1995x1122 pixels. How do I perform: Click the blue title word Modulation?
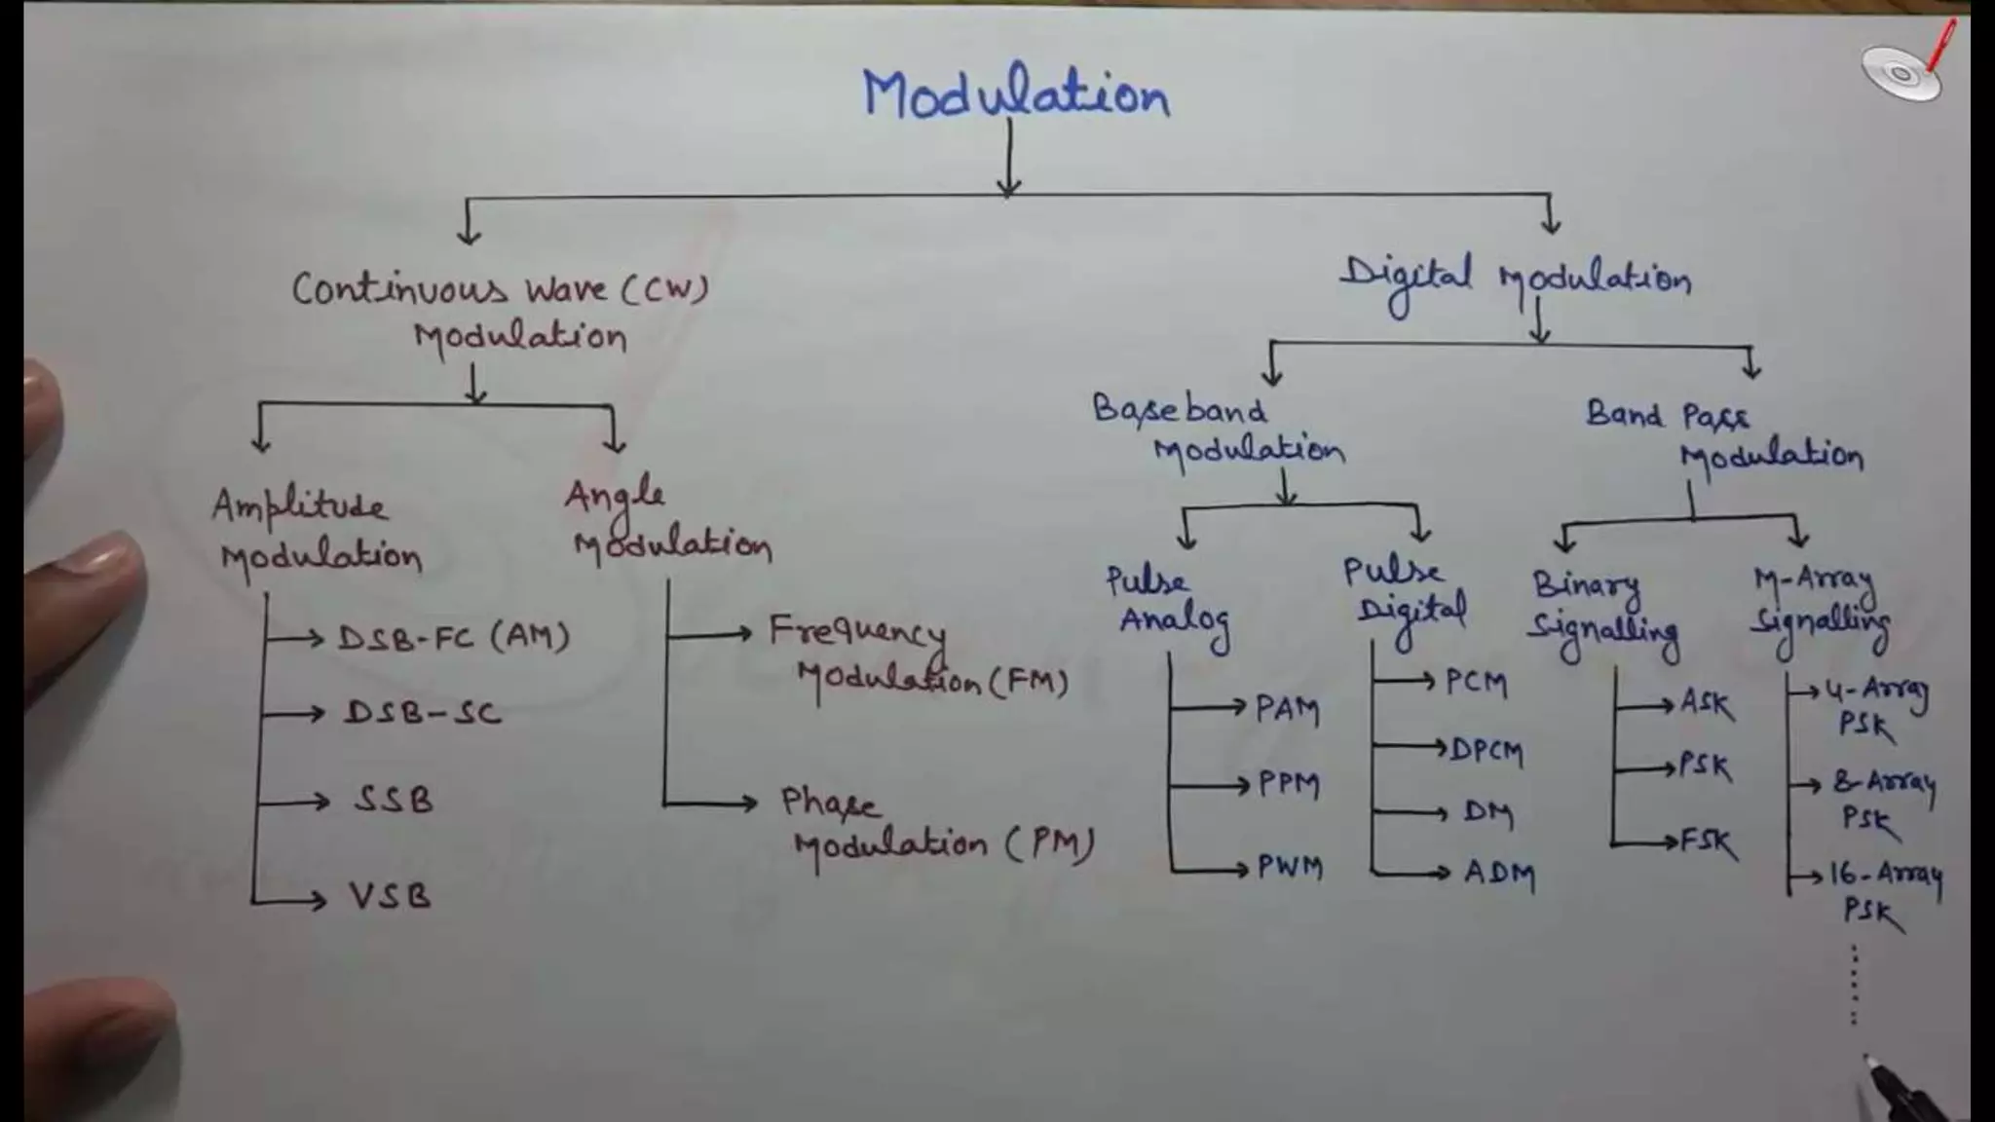coord(1016,94)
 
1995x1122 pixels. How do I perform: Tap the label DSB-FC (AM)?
coord(453,637)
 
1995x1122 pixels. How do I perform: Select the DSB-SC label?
coord(423,713)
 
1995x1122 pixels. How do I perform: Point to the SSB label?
coord(394,800)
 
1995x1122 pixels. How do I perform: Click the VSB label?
coord(390,895)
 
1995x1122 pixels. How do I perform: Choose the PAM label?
coord(1287,709)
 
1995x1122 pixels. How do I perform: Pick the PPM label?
coord(1289,784)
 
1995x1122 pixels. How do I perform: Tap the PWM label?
coord(1290,866)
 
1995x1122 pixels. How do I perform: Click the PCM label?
coord(1476,682)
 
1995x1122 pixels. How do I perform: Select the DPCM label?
coord(1487,750)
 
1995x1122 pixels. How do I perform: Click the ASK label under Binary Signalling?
coord(1707,703)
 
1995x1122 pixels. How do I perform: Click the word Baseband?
coord(1180,409)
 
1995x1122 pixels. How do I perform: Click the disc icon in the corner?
coord(1900,74)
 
